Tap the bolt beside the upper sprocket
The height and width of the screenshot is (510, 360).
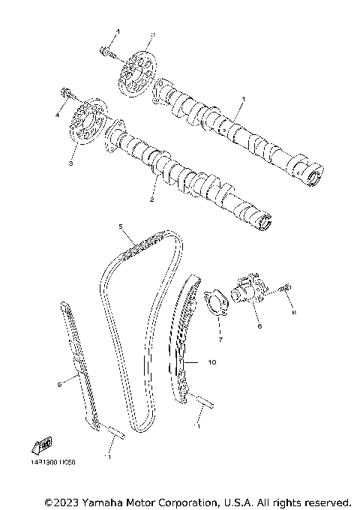(x=106, y=51)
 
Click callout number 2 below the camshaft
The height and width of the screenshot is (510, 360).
(x=151, y=200)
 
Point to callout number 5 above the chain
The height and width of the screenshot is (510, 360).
(x=119, y=226)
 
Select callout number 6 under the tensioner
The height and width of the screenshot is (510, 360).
(x=258, y=327)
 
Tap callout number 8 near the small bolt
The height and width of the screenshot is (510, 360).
(x=294, y=312)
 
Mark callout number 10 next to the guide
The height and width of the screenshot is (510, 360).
(x=211, y=362)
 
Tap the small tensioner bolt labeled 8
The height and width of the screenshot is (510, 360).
(x=286, y=288)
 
